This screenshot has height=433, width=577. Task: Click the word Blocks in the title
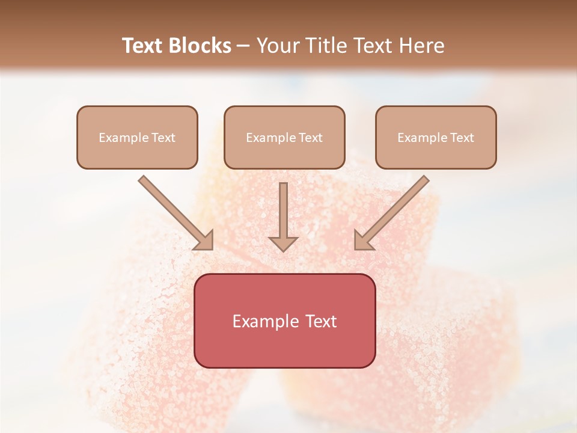pos(200,46)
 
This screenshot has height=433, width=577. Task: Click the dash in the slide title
pos(243,46)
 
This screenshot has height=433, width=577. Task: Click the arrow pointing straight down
pos(283,213)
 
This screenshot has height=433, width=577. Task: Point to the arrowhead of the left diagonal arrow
pos(205,241)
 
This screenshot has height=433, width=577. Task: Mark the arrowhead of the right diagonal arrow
pos(362,241)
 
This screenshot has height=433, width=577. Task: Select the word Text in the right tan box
pos(462,138)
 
